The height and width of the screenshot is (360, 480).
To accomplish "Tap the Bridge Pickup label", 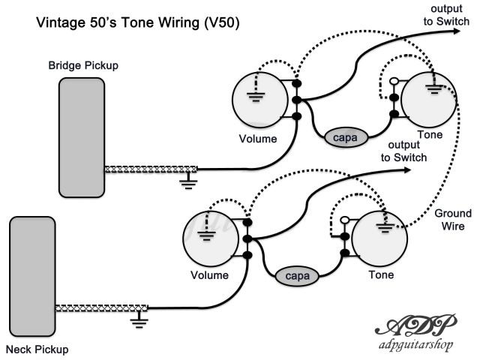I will tap(83, 66).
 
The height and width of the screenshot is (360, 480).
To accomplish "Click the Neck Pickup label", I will tap(37, 349).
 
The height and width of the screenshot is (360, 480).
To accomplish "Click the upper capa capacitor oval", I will tap(345, 137).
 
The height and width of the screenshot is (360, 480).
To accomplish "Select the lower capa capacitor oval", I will tap(296, 275).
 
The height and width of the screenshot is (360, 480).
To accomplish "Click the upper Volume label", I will tap(258, 139).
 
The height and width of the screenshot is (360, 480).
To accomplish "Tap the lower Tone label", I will tap(381, 274).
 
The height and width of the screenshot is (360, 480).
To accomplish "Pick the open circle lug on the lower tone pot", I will tap(344, 219).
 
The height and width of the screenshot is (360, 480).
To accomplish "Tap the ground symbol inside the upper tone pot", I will tap(433, 89).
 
